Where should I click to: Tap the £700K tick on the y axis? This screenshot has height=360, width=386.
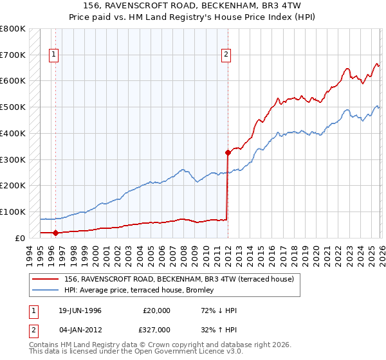13,55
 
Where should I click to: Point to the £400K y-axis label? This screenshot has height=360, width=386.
13,133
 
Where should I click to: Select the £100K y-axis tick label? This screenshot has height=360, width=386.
13,212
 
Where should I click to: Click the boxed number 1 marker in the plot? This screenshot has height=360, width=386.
55,55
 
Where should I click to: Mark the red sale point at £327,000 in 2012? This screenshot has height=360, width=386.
228,152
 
